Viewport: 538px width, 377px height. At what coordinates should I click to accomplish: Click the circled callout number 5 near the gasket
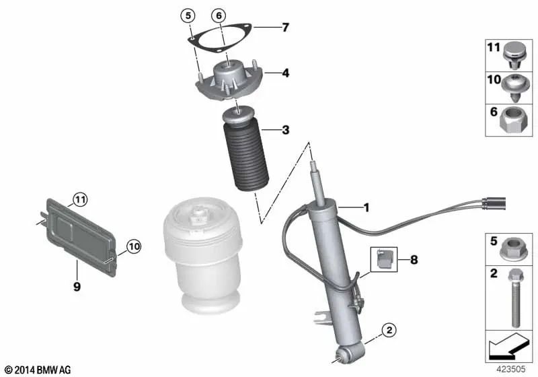(x=189, y=15)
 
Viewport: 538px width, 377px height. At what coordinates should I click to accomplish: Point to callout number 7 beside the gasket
(x=285, y=28)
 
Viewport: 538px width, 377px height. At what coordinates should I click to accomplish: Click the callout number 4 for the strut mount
(x=285, y=73)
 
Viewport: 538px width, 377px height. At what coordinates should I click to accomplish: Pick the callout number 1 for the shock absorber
(x=367, y=208)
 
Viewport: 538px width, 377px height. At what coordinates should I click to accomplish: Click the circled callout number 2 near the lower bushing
(x=388, y=330)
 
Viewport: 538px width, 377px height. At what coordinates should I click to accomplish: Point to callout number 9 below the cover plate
(x=77, y=287)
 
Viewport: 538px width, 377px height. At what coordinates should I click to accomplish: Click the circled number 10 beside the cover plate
(x=133, y=247)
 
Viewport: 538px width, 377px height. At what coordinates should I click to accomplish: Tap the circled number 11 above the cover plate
(x=81, y=199)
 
